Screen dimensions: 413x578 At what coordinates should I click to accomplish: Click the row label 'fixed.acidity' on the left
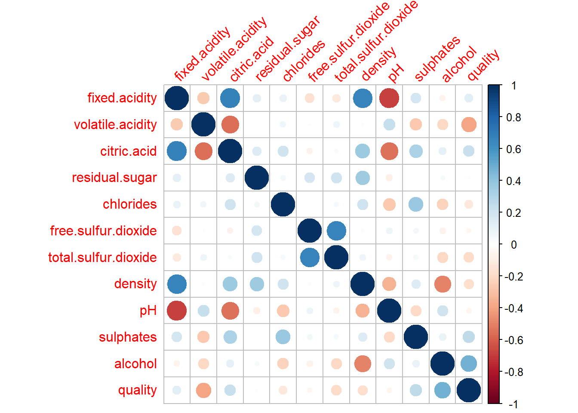122,98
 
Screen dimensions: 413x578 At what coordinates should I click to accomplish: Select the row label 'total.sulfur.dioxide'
102,257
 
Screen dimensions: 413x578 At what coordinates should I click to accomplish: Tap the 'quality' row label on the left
137,390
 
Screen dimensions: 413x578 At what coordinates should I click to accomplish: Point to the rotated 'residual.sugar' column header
287,49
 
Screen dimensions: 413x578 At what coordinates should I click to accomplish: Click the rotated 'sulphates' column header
437,59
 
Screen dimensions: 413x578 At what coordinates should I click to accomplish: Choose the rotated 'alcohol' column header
459,64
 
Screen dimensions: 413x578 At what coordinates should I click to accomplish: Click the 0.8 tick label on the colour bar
513,117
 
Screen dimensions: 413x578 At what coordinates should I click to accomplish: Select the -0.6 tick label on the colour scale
513,340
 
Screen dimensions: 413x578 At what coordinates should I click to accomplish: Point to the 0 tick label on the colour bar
513,245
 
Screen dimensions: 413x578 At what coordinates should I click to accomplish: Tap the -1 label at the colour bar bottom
513,404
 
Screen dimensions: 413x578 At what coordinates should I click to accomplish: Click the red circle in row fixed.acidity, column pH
389,98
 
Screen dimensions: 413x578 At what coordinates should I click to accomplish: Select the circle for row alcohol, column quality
469,364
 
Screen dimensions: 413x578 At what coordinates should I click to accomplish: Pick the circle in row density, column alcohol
443,284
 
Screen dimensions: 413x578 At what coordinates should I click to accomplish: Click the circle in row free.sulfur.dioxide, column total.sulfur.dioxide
336,231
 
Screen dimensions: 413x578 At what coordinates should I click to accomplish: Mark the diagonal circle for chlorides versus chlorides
283,204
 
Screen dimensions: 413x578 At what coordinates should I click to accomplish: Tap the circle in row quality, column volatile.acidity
203,390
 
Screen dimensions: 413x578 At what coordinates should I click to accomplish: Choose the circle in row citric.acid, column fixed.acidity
177,151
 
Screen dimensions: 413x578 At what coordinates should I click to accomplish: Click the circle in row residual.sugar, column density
363,178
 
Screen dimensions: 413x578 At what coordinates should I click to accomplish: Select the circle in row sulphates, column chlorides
283,337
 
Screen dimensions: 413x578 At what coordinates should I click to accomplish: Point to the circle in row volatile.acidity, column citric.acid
230,125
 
